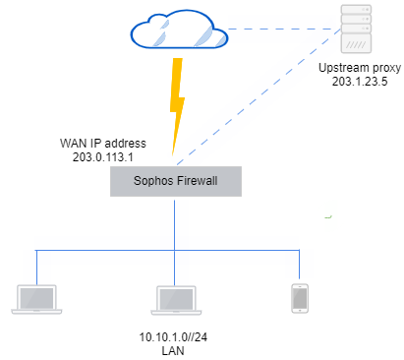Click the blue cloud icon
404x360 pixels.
(x=179, y=32)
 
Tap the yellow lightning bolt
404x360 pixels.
(x=178, y=104)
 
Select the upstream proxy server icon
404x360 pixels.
(x=357, y=30)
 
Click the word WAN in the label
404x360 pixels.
(x=75, y=143)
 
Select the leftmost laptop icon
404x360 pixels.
(x=35, y=298)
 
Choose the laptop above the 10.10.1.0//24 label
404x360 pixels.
(x=174, y=298)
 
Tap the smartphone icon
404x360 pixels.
(x=299, y=297)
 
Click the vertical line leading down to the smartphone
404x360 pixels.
(x=299, y=266)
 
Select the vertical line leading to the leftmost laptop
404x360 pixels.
(x=36, y=266)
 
